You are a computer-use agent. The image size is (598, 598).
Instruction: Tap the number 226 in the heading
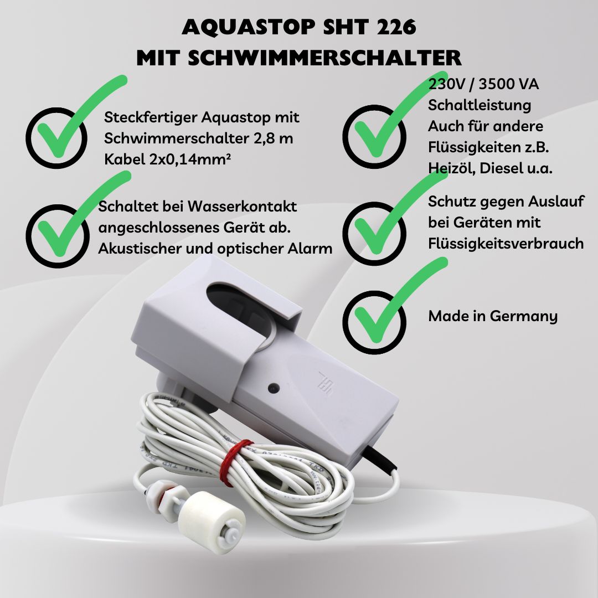(396, 27)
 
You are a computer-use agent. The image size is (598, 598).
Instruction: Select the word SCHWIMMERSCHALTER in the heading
(324, 58)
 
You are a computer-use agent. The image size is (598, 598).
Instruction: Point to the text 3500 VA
(509, 84)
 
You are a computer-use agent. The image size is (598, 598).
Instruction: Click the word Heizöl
(452, 168)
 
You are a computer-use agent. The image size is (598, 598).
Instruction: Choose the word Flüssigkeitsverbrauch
(506, 244)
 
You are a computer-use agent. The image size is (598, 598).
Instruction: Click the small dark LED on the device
(274, 389)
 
